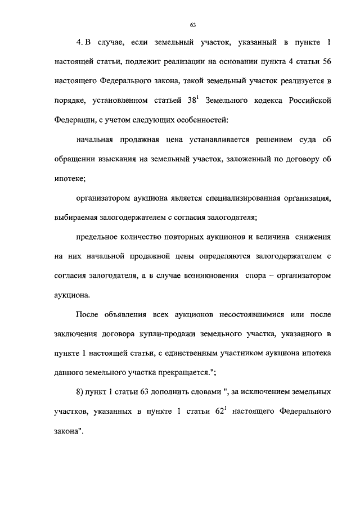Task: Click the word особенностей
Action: tap(205, 120)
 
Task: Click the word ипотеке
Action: tap(69, 178)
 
